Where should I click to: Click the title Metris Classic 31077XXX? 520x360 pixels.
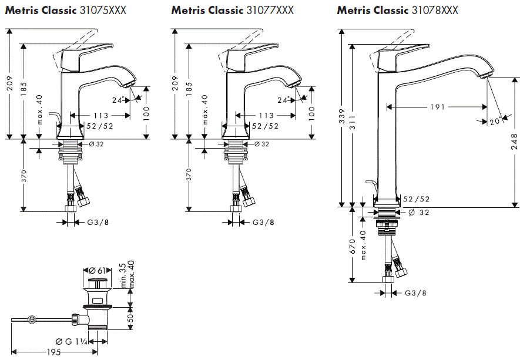pyautogui.click(x=233, y=11)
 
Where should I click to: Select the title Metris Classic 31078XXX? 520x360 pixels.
pyautogui.click(x=398, y=11)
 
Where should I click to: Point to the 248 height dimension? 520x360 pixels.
pyautogui.click(x=514, y=141)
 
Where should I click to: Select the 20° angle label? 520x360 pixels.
pyautogui.click(x=495, y=121)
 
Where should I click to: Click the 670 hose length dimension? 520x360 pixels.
pyautogui.click(x=352, y=245)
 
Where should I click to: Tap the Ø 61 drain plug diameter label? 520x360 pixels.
pyautogui.click(x=98, y=270)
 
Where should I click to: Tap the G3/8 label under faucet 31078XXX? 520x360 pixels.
pyautogui.click(x=415, y=293)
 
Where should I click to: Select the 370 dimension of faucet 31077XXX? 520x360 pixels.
pyautogui.click(x=189, y=175)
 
